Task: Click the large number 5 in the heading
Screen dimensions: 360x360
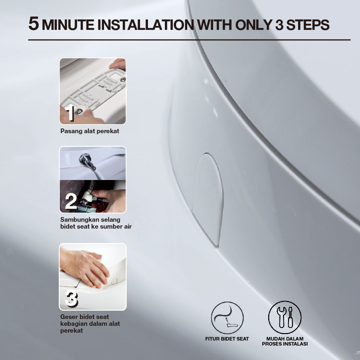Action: pos(33,24)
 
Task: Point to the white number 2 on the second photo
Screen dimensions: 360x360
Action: pos(71,202)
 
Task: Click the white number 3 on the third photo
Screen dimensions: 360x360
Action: pos(71,299)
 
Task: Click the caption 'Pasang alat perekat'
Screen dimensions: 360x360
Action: pos(90,131)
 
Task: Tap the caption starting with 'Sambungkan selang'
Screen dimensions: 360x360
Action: pos(96,223)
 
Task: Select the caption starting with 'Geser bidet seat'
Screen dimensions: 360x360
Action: pos(90,324)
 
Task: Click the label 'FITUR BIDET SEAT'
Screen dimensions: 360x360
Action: pos(227,339)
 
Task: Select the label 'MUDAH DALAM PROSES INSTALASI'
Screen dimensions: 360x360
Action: pos(285,341)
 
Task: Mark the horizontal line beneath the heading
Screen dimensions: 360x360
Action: pos(189,40)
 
